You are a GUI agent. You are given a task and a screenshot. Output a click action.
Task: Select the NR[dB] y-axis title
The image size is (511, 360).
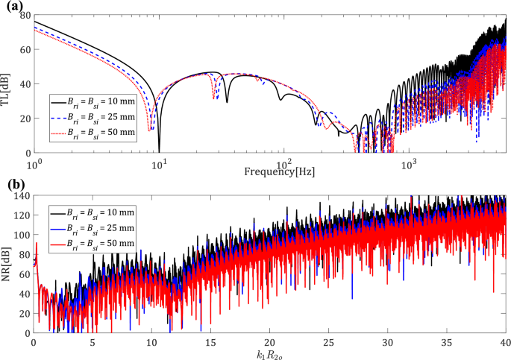[8, 264]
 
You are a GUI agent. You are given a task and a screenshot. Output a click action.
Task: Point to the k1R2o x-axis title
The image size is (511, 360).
[271, 353]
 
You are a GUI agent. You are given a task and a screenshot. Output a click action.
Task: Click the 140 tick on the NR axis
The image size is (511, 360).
[22, 195]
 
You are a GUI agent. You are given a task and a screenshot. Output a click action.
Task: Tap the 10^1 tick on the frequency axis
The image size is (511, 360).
[158, 162]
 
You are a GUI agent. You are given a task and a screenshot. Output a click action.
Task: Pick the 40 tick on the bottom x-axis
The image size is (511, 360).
[505, 341]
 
